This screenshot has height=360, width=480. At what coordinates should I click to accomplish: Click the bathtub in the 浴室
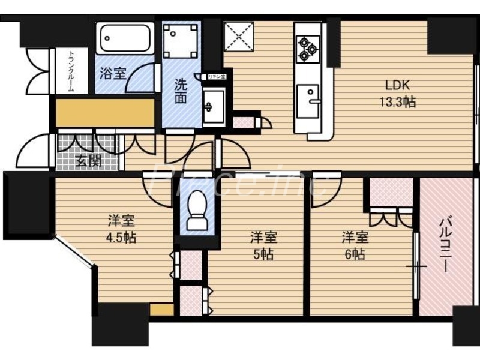point(125,38)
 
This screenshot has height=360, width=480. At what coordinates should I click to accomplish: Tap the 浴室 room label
point(112,74)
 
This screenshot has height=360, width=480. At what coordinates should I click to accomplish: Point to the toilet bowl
point(196,211)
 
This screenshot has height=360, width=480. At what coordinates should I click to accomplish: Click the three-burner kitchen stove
point(308,48)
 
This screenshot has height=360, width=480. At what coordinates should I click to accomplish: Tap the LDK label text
point(397,84)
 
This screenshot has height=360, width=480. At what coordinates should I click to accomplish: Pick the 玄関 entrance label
point(88,161)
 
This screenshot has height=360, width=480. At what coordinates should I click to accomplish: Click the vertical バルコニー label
point(444,245)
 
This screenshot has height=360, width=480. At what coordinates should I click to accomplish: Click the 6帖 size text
point(354,254)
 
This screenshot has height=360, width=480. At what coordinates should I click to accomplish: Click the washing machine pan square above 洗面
point(181,40)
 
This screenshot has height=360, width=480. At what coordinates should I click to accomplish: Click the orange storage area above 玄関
point(105,112)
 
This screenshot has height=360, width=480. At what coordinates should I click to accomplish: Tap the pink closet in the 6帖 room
point(391,193)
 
